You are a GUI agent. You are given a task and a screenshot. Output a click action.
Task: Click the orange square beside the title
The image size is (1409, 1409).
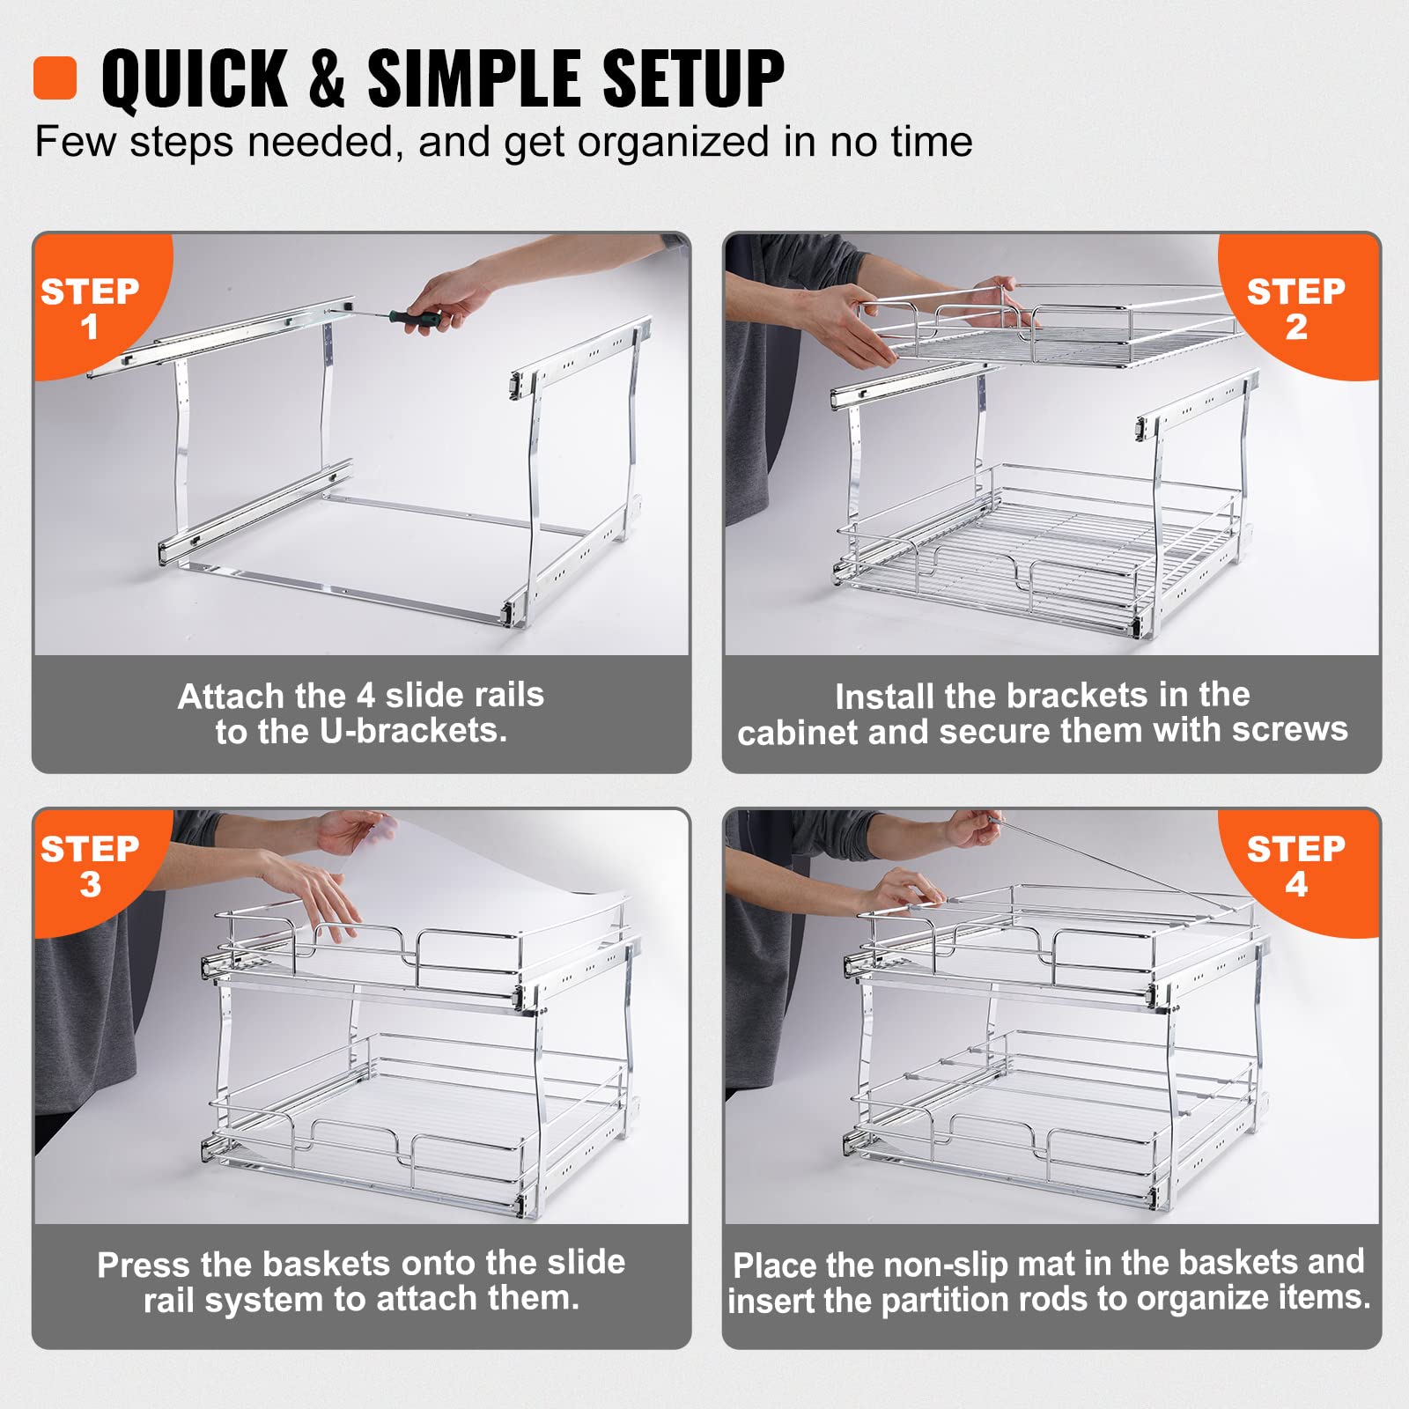click(55, 78)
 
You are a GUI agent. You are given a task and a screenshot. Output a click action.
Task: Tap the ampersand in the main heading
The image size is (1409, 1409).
click(327, 79)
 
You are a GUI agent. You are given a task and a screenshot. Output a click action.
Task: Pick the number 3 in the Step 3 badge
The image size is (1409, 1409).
click(90, 884)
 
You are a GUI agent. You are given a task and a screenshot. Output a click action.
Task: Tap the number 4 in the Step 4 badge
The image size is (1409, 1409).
click(1296, 884)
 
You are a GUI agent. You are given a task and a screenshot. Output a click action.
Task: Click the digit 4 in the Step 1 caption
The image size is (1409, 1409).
click(366, 695)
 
